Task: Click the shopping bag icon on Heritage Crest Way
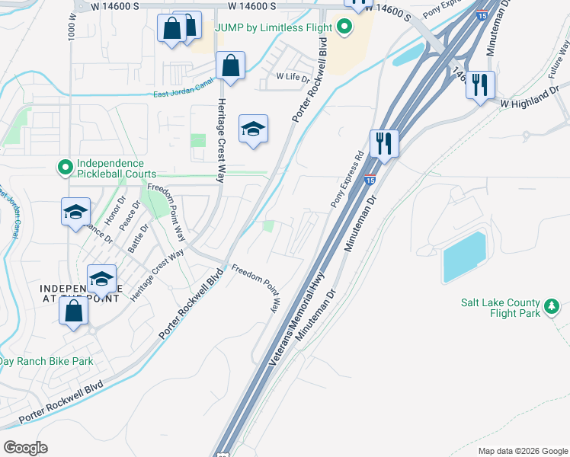click(x=230, y=66)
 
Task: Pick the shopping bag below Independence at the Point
click(x=73, y=312)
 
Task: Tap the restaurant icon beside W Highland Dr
click(x=480, y=85)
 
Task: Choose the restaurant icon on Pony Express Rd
click(x=384, y=144)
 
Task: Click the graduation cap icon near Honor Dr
click(x=75, y=213)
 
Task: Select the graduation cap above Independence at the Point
click(x=101, y=280)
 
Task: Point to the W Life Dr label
click(x=293, y=77)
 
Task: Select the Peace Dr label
click(x=130, y=216)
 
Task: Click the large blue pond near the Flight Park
click(x=464, y=256)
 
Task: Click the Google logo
click(x=26, y=447)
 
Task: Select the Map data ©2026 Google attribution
click(x=523, y=451)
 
